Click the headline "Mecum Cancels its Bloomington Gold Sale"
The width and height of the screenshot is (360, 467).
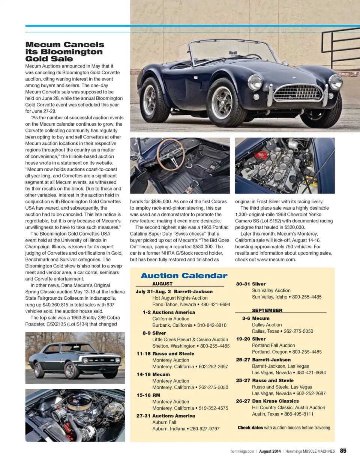pos(64,52)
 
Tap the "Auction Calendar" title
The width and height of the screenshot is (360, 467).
pos(184,276)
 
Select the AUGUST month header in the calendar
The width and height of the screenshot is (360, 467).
pos(162,284)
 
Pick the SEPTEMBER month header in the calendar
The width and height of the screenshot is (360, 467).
pos(267,311)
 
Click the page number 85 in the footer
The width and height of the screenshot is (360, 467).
pos(343,451)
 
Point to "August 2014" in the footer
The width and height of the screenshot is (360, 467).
pos(270,451)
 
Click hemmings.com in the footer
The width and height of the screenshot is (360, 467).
pos(242,451)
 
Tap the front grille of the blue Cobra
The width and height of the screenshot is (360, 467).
pos(298,92)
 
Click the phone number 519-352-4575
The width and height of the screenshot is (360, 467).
pos(213,408)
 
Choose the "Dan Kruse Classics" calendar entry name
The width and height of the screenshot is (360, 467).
pos(275,401)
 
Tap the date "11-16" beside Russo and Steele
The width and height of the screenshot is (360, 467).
pos(143,354)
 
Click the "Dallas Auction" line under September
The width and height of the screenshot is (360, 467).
pos(267,325)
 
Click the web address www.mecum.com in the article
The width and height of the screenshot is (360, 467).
pos(276,260)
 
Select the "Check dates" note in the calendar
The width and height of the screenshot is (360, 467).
pos(250,428)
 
